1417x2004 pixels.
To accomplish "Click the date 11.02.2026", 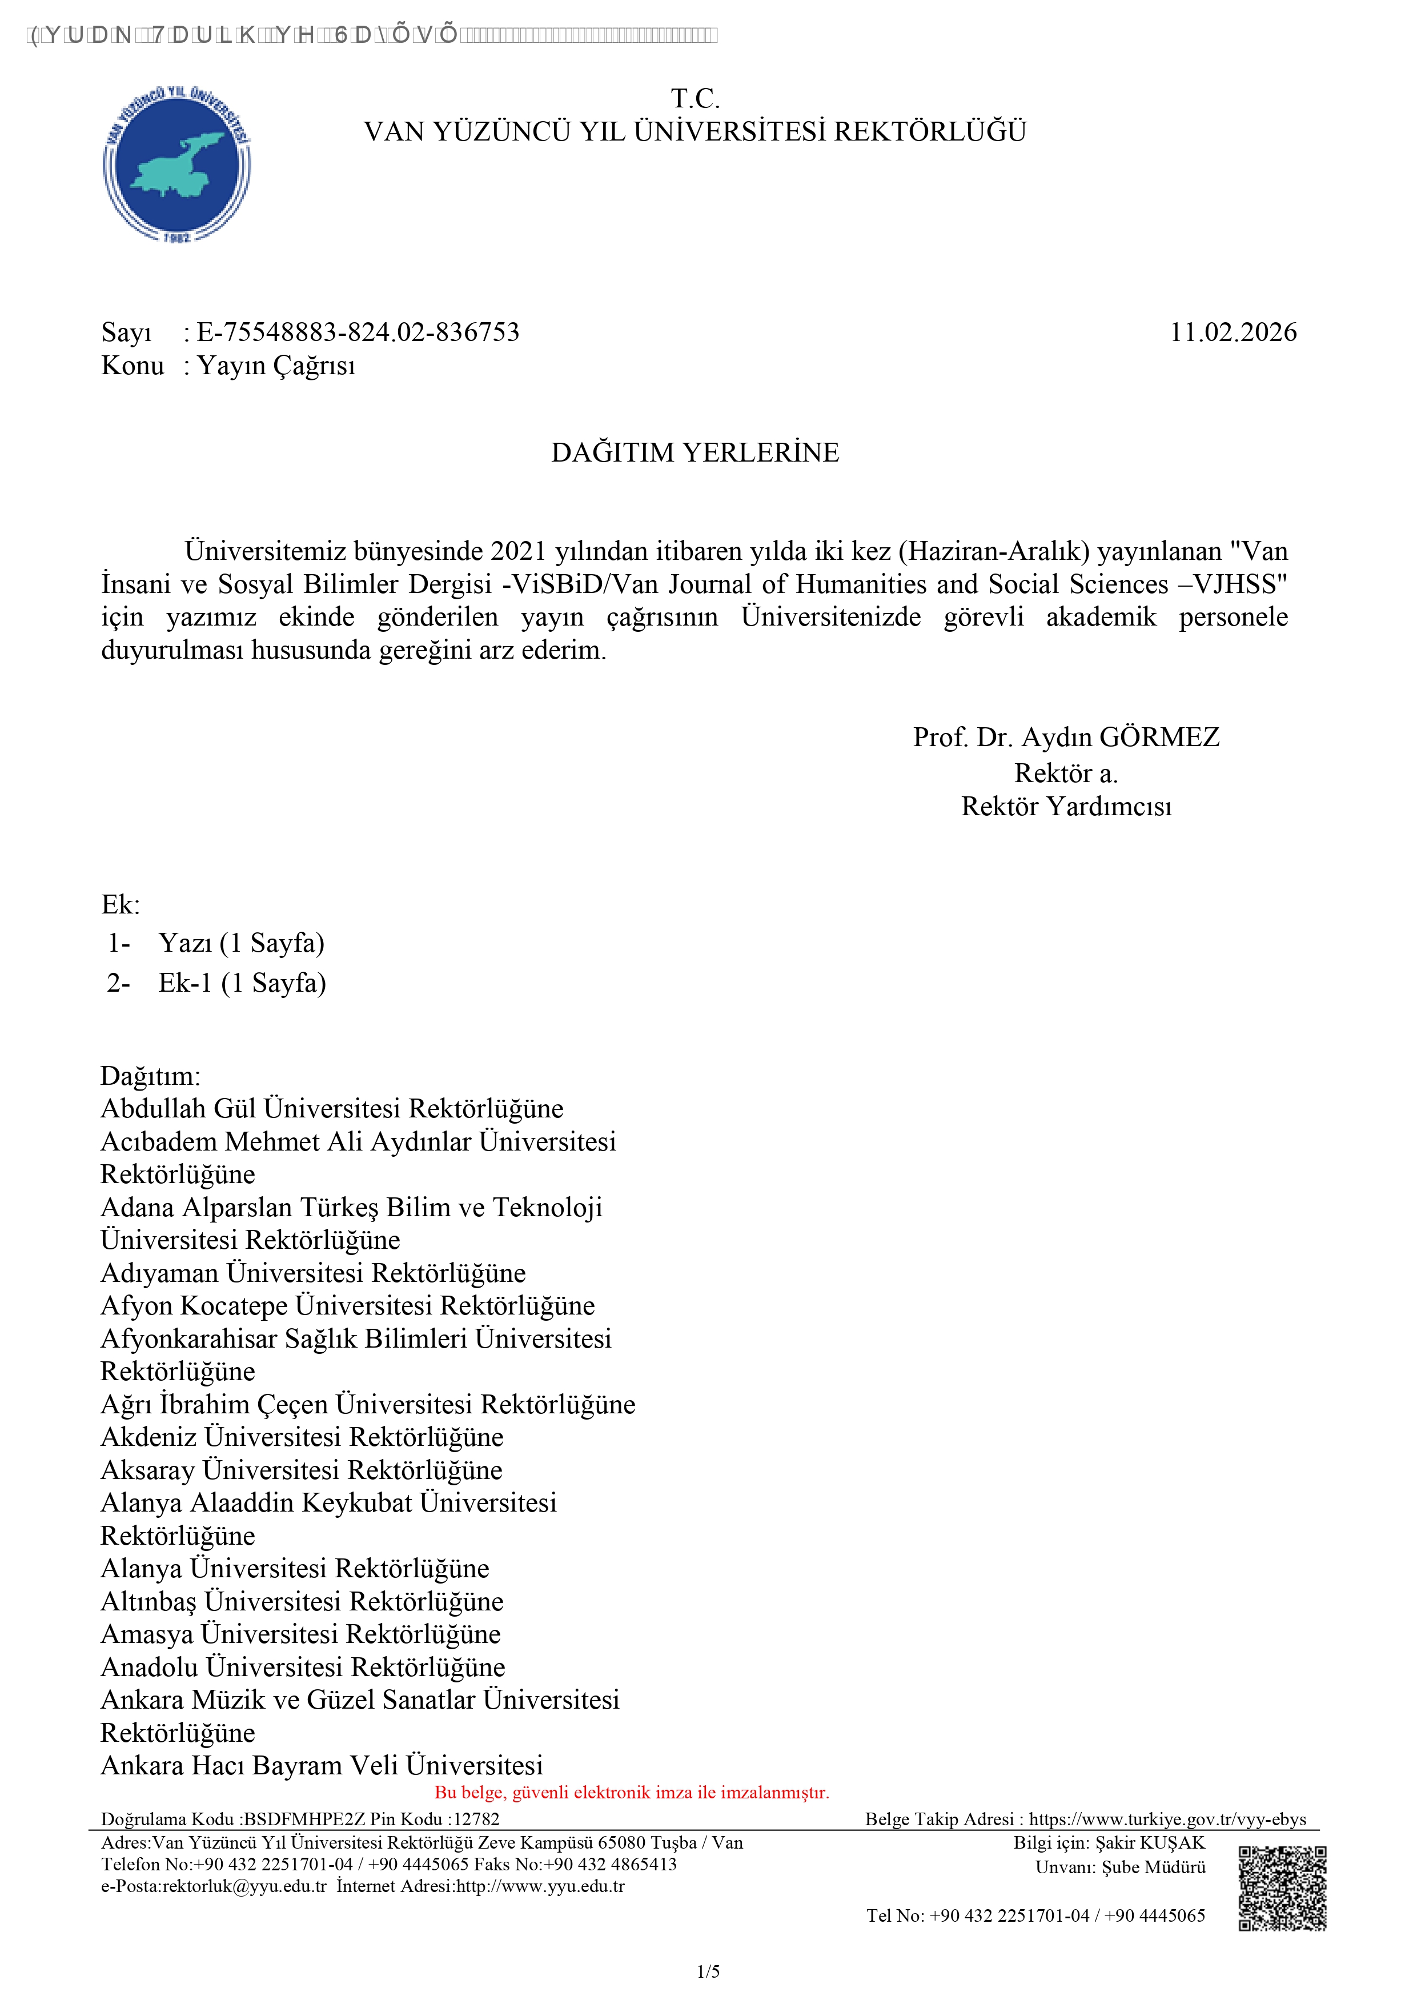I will tap(1233, 332).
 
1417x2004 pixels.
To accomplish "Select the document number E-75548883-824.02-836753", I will tap(358, 332).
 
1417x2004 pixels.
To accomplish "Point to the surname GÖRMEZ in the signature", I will tap(1159, 738).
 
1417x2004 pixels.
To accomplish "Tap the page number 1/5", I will tap(708, 1971).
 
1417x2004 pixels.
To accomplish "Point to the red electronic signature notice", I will tap(632, 1793).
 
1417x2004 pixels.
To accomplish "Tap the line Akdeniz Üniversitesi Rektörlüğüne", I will tap(302, 1437).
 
